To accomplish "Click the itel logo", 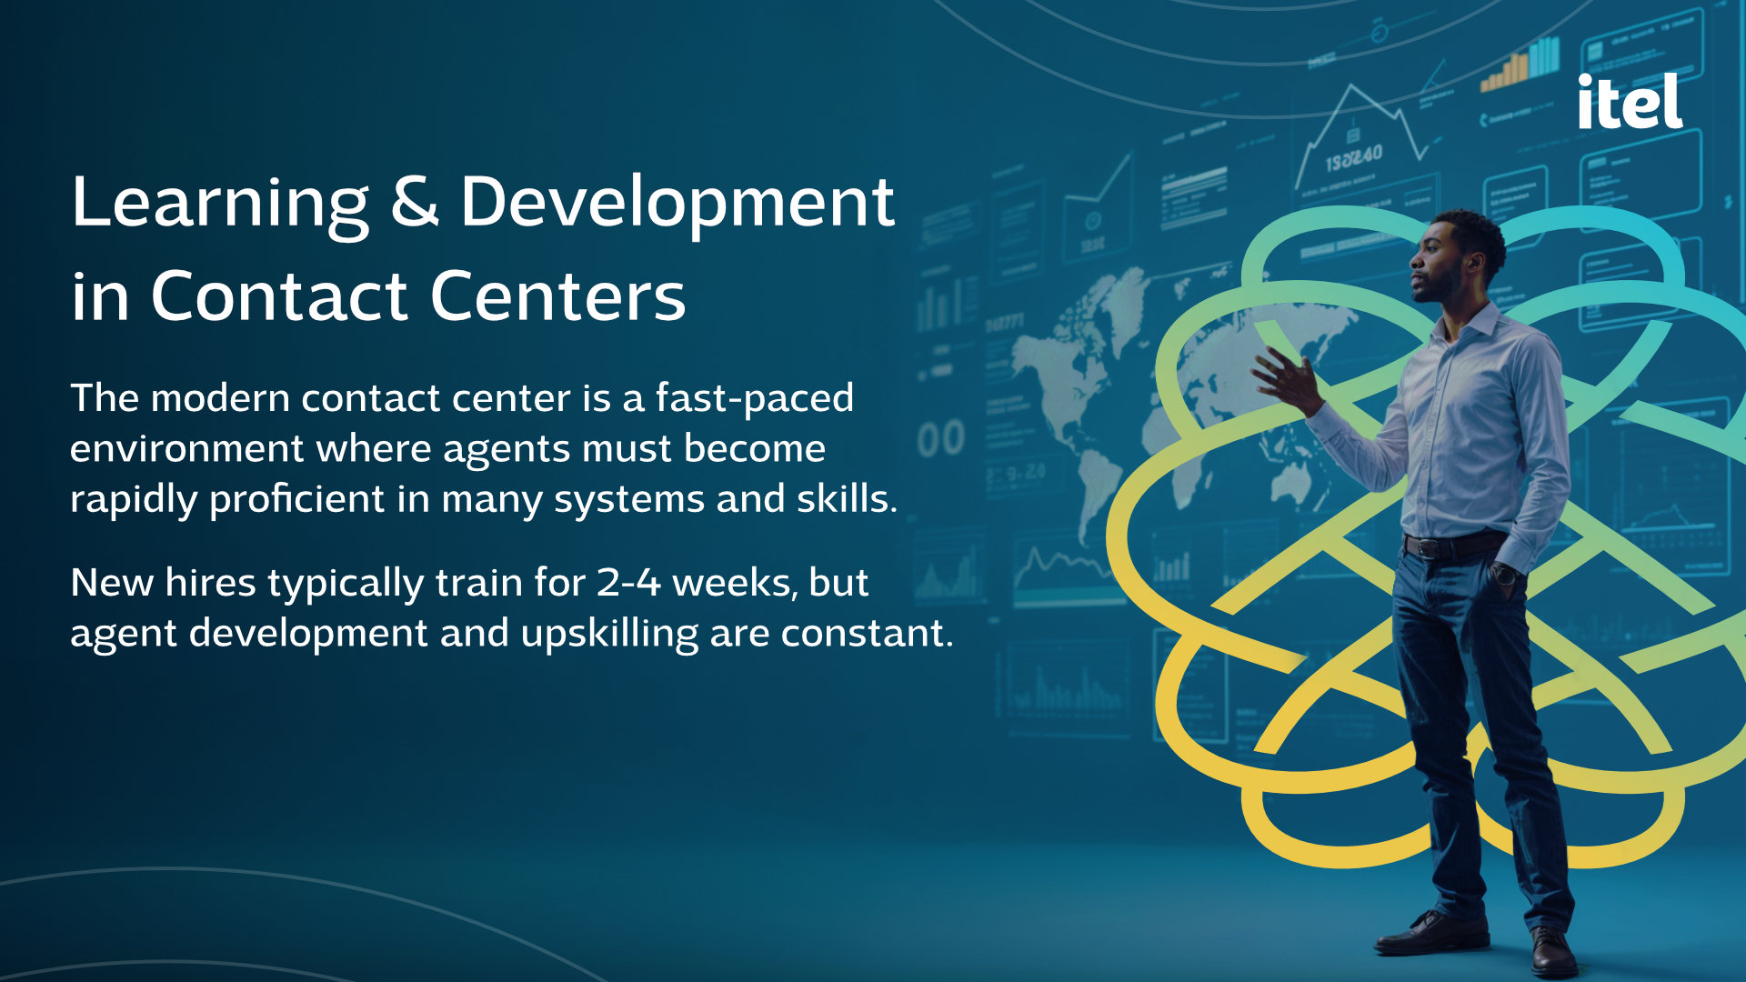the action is point(1630,101).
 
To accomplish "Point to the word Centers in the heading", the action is point(557,296).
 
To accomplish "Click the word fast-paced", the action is point(755,399).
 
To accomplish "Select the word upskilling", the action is point(609,634).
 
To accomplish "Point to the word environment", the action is point(186,449).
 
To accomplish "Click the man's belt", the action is point(1453,545).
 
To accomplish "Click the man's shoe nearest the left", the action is point(1431,933).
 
